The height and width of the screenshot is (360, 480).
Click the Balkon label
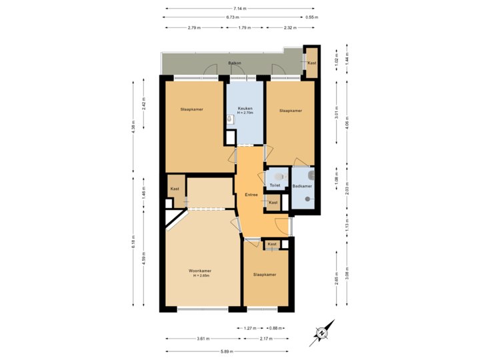[x=234, y=63]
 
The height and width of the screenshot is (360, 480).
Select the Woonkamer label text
[x=200, y=271]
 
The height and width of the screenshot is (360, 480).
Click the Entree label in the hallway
[x=251, y=195]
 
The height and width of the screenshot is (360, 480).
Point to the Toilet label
[x=274, y=185]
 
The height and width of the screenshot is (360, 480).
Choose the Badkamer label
[x=302, y=186]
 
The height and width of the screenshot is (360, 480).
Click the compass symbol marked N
[x=321, y=332]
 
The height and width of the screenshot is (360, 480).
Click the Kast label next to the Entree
[x=273, y=202]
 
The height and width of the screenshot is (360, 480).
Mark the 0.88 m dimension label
[x=274, y=328]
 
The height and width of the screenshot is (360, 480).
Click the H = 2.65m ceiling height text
[x=200, y=276]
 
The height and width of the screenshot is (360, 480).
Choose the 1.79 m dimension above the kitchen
[x=245, y=28]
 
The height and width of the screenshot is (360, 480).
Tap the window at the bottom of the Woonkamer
[x=203, y=309]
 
